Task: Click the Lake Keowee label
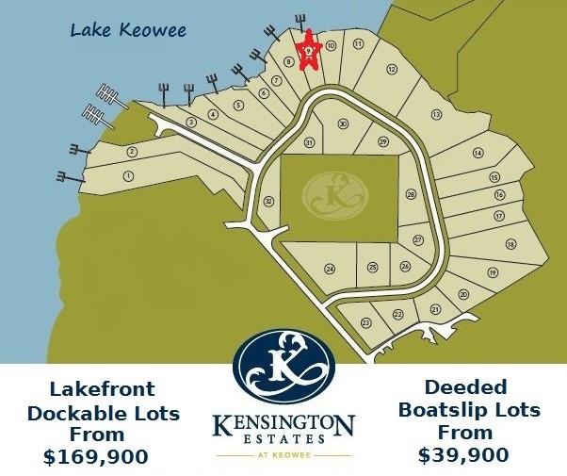129,30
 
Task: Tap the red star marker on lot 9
308,53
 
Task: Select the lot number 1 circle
128,175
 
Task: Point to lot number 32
268,201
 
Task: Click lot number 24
330,269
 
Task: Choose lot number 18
510,244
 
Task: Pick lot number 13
436,114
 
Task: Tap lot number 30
343,124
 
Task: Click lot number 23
365,322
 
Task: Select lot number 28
411,194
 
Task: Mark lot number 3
191,122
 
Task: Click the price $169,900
96,457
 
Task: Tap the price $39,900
463,454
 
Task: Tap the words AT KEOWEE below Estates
283,453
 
